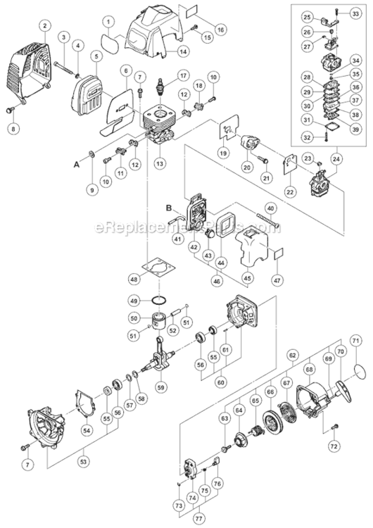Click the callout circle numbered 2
pos(44,25)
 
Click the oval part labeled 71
pos(357,367)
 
